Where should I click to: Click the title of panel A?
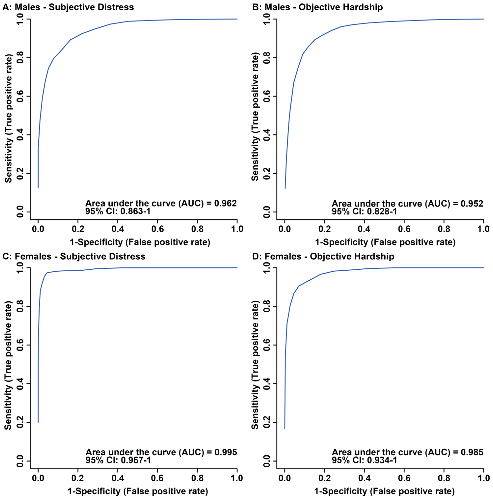click(68, 7)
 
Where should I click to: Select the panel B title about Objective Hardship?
click(317, 7)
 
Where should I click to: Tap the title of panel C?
click(74, 256)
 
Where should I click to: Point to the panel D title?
click(323, 256)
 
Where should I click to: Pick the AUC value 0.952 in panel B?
click(472, 203)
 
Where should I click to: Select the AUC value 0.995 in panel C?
click(226, 452)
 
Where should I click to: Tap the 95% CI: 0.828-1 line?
click(364, 211)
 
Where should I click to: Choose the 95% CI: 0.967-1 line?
click(118, 460)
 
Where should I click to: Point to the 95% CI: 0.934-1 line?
click(364, 460)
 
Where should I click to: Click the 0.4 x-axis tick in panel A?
click(118, 229)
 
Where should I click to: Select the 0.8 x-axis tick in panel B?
click(444, 229)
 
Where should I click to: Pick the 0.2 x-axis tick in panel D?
click(324, 478)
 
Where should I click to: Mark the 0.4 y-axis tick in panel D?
click(267, 384)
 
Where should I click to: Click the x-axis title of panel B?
click(385, 242)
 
